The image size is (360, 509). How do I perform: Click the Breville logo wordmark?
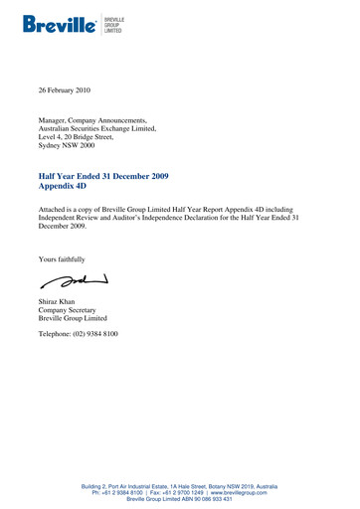[58, 22]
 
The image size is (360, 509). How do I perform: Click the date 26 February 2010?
[64, 90]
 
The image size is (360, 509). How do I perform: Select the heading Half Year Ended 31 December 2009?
[102, 176]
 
